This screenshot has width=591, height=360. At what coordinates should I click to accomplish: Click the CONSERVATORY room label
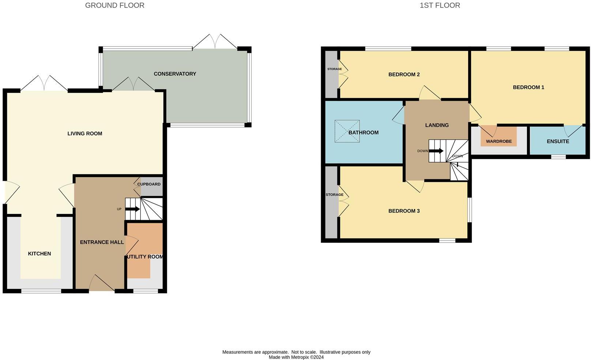tap(175, 74)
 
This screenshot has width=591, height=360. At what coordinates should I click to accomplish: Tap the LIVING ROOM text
tap(84, 134)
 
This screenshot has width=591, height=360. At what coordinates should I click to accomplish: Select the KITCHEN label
tap(39, 254)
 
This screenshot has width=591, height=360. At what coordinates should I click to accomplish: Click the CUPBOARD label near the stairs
tap(149, 184)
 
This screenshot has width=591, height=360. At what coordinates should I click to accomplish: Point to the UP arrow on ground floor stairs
tap(132, 209)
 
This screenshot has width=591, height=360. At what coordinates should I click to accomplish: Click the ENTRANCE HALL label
tap(102, 242)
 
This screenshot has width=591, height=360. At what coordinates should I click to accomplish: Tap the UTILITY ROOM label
tap(145, 257)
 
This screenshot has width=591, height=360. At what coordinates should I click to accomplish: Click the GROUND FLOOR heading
tap(114, 5)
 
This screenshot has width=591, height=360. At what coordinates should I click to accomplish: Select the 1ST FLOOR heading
tap(440, 5)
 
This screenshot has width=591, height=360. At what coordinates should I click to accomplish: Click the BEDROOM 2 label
tap(404, 75)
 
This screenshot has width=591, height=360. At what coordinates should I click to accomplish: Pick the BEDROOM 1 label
tap(528, 87)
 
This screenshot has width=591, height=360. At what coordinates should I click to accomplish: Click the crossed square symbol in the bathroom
tap(347, 131)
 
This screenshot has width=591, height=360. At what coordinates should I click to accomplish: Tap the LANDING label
tap(437, 125)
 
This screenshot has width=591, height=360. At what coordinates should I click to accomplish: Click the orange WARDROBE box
tap(498, 137)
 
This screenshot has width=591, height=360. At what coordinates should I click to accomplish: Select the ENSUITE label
tap(558, 141)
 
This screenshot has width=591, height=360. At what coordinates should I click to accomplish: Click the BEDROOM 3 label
tap(404, 211)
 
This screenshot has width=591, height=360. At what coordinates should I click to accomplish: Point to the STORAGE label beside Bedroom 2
tap(334, 69)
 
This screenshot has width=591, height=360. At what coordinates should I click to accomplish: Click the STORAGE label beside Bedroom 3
tap(334, 195)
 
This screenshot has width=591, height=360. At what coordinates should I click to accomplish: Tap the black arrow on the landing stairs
tap(436, 151)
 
